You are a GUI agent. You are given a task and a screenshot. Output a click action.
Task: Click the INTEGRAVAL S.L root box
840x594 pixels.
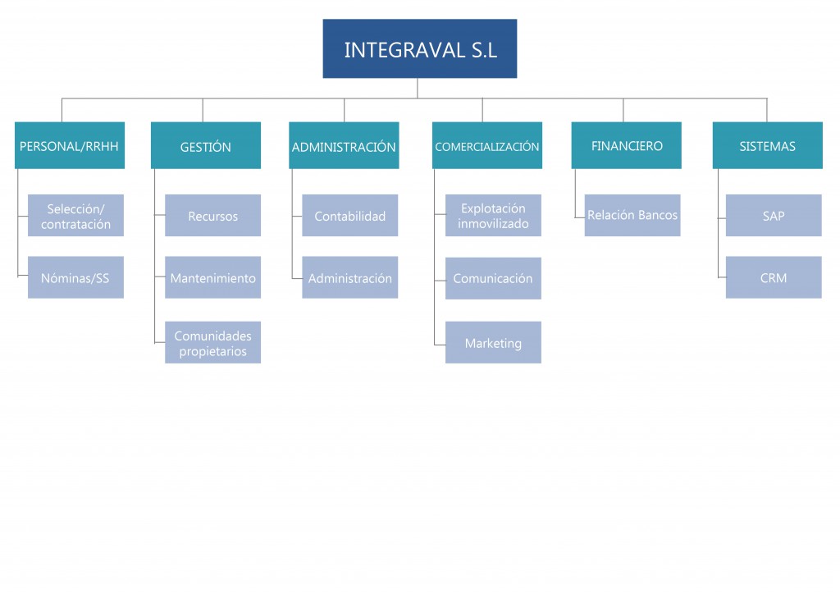(419, 49)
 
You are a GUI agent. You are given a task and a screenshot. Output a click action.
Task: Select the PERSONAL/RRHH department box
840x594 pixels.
(70, 146)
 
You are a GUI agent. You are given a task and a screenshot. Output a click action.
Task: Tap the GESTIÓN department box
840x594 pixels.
(206, 146)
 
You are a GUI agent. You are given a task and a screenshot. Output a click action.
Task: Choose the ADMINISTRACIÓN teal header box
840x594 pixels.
(344, 146)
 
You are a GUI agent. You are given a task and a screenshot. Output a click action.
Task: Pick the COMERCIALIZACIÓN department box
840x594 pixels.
(487, 146)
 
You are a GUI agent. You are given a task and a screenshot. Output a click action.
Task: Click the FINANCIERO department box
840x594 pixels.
(626, 146)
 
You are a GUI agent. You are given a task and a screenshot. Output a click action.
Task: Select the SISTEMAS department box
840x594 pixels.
(767, 146)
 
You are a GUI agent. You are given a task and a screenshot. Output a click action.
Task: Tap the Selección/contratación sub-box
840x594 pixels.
(75, 216)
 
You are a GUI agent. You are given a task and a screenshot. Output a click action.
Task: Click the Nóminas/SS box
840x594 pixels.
(75, 278)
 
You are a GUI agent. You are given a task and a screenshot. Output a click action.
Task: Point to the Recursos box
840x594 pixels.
(212, 216)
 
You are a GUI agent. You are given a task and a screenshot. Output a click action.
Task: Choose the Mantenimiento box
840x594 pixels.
(212, 278)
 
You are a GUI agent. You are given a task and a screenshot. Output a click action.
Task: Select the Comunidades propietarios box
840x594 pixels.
(212, 343)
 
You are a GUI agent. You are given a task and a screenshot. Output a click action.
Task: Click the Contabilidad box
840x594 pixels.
(349, 216)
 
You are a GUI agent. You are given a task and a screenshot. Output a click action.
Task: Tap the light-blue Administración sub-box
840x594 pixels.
(349, 278)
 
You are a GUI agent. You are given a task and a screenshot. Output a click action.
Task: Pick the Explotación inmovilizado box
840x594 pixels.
(493, 216)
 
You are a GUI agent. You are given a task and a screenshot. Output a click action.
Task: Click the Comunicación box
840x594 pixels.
(493, 278)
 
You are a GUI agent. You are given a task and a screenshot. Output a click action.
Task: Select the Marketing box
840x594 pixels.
(493, 343)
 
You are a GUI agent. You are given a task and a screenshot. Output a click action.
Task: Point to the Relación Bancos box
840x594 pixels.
(632, 215)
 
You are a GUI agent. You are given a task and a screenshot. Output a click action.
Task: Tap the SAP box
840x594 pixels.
(774, 216)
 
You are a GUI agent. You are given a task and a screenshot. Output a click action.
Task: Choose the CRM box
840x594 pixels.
(774, 278)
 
